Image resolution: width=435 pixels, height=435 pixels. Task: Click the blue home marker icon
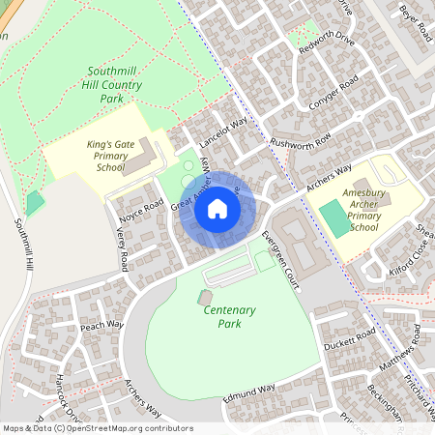click(217, 208)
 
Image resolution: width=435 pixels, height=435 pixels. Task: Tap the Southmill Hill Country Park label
click(114, 85)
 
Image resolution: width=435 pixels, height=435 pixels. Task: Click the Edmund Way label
click(249, 394)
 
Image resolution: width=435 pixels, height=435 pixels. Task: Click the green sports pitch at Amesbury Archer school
click(334, 217)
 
